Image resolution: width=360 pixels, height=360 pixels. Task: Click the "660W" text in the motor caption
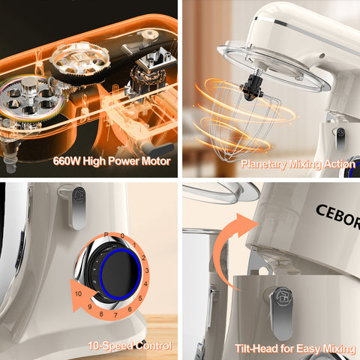click(x=67, y=161)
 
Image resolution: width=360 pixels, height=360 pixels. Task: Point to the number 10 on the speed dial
click(x=79, y=293)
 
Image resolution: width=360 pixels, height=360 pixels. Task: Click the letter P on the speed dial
click(x=106, y=235)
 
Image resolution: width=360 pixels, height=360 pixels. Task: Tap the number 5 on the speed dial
click(x=140, y=298)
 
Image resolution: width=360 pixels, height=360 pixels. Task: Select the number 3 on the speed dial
click(x=147, y=270)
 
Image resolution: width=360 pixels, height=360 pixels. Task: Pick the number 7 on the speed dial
click(x=115, y=315)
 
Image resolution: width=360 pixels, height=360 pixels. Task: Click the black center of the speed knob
click(x=120, y=274)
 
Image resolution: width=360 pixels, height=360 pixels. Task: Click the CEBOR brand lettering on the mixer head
click(x=338, y=215)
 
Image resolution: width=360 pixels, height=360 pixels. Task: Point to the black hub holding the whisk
click(x=252, y=88)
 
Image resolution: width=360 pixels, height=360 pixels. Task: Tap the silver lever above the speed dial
click(x=76, y=208)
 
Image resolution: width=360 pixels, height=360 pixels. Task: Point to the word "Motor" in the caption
click(x=156, y=161)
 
